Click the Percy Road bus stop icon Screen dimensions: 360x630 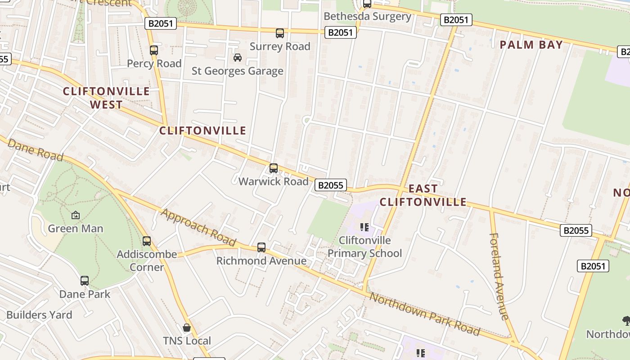pos(154,50)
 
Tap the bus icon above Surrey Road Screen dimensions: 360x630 pos(280,33)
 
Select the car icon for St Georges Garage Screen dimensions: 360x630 pos(237,58)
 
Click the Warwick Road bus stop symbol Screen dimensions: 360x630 pos(274,168)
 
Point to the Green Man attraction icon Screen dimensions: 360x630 pos(75,215)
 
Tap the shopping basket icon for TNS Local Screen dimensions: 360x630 pos(187,328)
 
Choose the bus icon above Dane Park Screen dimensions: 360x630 pos(85,281)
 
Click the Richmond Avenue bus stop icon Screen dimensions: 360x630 pos(261,247)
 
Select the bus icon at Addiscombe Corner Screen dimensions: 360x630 pos(147,241)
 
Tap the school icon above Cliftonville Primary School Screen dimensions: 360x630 pos(364,227)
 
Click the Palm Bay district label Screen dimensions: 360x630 pos(531,45)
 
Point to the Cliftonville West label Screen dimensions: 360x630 pos(106,98)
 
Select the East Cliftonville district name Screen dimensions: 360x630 pos(423,195)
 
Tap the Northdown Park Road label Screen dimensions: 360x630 pos(424,313)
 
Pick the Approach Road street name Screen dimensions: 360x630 pos(198,227)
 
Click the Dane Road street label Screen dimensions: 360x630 pos(36,150)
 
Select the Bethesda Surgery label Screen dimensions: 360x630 pos(367,17)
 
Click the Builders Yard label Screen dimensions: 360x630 pos(39,315)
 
